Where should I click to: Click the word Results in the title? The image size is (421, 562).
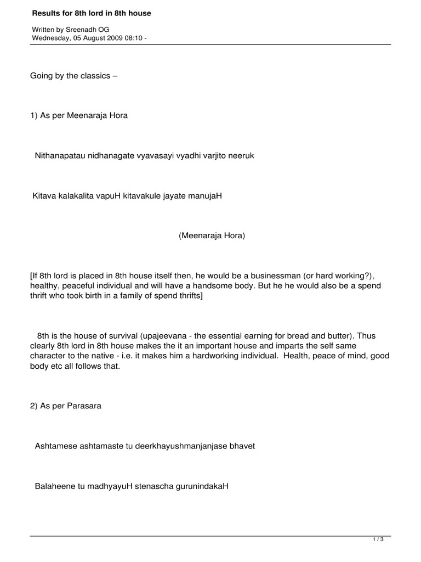[45, 13]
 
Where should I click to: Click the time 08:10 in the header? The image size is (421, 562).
[134, 38]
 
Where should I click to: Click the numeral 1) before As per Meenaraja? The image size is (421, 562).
[34, 116]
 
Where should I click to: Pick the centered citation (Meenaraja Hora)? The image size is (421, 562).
[212, 236]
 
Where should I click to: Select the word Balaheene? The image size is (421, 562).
[55, 486]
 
